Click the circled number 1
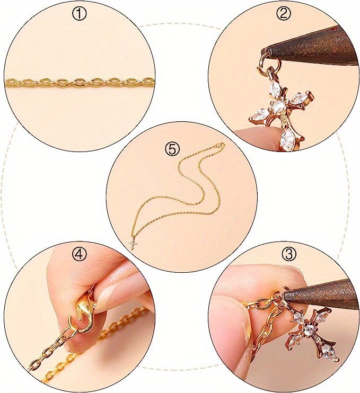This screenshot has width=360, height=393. (x=79, y=14)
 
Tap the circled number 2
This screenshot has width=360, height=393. (x=283, y=14)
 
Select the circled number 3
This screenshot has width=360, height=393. (x=289, y=254)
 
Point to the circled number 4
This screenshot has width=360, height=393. (x=80, y=254)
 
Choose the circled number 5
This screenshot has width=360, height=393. (x=172, y=150)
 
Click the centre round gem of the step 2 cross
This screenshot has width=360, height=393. (x=278, y=107)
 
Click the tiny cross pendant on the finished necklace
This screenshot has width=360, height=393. (x=132, y=244)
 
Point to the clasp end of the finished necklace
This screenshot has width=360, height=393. (x=221, y=145)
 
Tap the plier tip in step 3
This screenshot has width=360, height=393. (x=286, y=294)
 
